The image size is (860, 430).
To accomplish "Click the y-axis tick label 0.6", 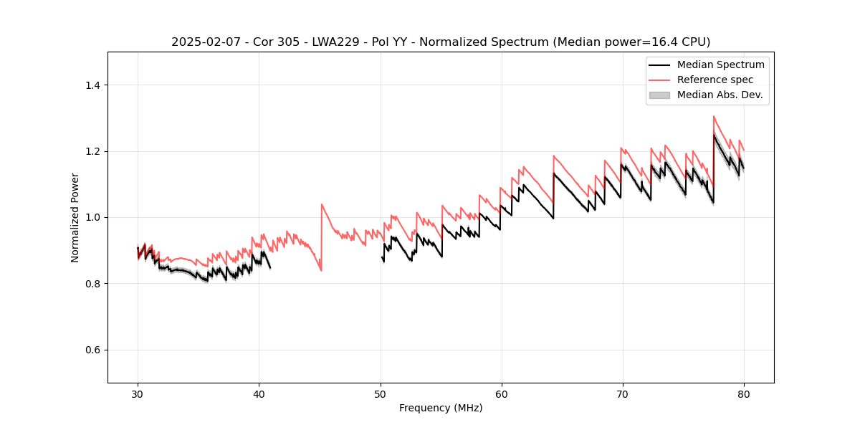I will pyautogui.click(x=92, y=350).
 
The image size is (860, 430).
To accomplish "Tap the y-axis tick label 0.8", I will pyautogui.click(x=92, y=284).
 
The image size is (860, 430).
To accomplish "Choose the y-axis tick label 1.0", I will pyautogui.click(x=92, y=217).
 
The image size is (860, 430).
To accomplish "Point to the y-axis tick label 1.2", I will pyautogui.click(x=92, y=151).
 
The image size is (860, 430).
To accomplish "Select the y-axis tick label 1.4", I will pyautogui.click(x=92, y=85).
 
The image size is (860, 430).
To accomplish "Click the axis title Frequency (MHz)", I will pyautogui.click(x=441, y=408).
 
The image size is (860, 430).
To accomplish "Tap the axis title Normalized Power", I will pyautogui.click(x=75, y=217).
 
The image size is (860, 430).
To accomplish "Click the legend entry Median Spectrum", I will pyautogui.click(x=720, y=64).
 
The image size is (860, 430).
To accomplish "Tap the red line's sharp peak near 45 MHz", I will pyautogui.click(x=322, y=204).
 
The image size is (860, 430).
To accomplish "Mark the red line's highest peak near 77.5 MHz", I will pyautogui.click(x=714, y=116).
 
